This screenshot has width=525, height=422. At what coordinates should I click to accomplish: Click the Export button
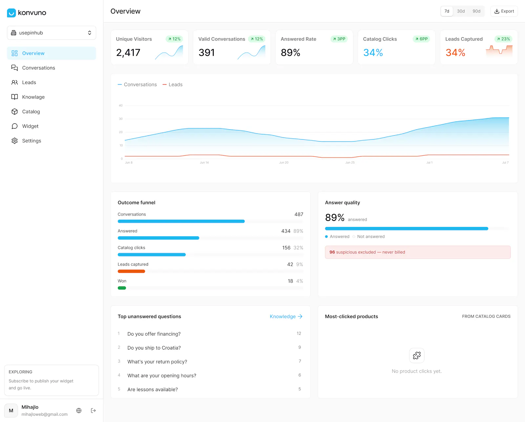504,11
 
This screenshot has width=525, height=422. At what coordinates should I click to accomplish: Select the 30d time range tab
461,11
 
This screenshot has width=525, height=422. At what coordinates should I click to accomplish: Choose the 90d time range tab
476,11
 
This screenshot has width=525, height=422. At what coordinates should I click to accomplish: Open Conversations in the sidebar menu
38,68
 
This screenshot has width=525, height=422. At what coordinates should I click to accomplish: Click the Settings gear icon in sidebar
15,141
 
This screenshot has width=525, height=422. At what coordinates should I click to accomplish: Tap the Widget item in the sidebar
30,126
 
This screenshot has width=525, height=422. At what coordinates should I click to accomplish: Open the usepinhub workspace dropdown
52,33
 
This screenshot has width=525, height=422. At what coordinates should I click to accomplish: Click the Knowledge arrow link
286,317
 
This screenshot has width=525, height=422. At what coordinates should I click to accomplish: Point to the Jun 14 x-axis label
204,162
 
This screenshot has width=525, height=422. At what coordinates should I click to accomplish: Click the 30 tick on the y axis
121,119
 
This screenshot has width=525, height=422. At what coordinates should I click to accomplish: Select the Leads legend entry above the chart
173,84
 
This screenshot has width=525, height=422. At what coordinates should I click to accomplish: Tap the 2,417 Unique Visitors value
128,53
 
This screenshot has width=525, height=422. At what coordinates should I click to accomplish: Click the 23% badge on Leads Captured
503,39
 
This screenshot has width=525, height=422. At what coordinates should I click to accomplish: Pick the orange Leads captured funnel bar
131,271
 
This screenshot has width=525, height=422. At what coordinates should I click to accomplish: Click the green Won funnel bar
122,288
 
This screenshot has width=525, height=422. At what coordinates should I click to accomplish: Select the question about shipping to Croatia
154,348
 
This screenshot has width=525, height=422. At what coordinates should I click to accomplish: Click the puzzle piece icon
417,356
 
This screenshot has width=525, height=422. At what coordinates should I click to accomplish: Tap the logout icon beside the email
93,411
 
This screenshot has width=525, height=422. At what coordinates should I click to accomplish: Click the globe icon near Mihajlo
79,411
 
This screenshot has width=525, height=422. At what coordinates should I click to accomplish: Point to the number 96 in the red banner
332,252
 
